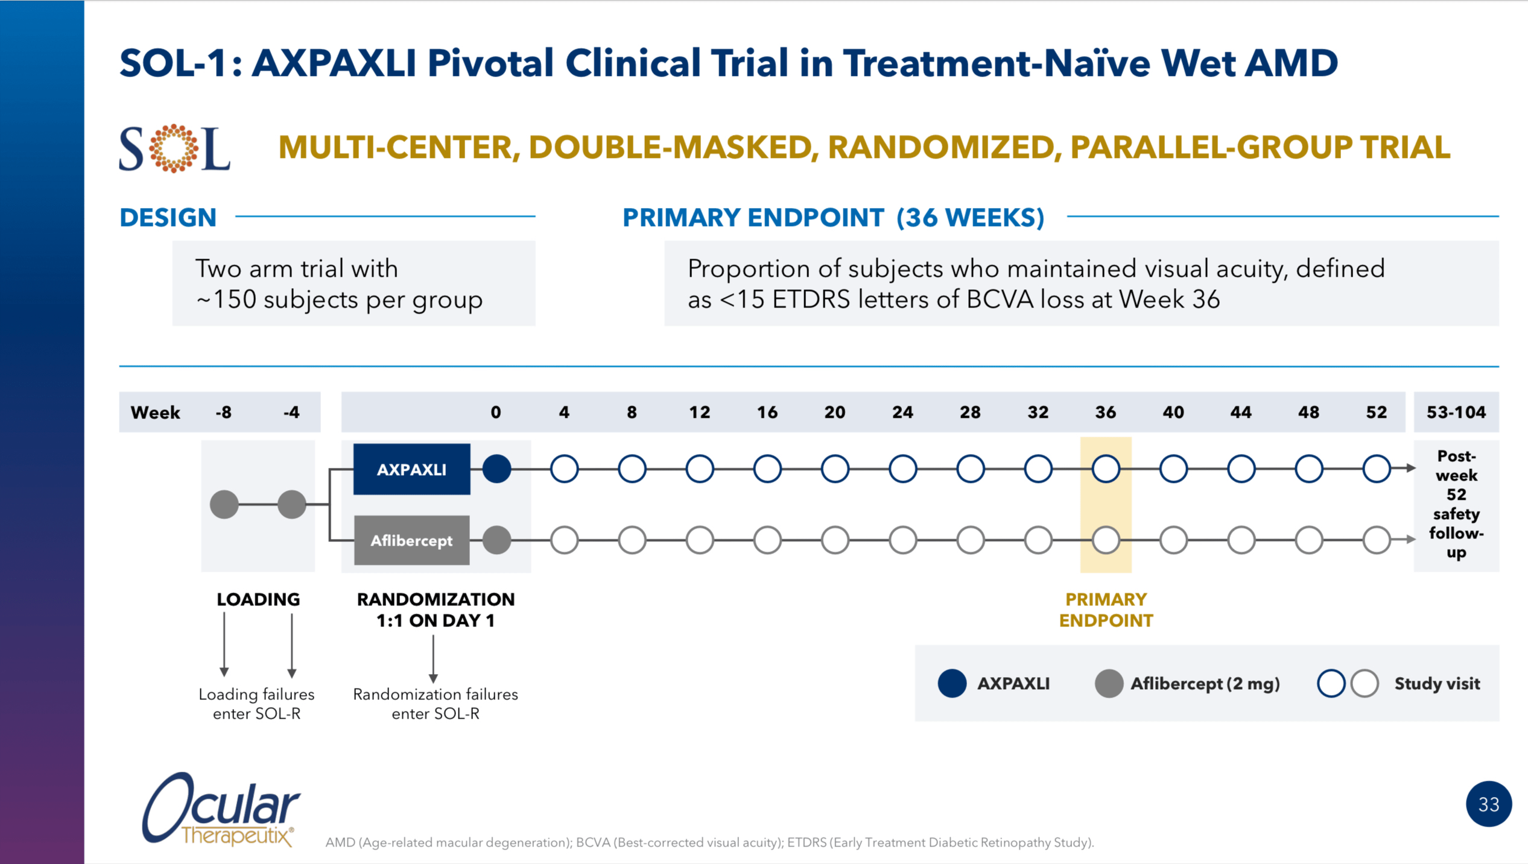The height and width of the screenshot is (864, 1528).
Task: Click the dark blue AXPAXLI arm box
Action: [411, 469]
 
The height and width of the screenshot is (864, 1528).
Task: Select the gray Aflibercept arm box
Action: [411, 540]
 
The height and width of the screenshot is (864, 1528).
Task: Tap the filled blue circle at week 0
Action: [496, 469]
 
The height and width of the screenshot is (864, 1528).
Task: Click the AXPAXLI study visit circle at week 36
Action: [1106, 469]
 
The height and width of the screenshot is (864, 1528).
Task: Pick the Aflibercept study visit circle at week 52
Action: [1377, 540]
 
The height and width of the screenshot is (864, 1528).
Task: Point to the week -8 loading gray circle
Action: [224, 504]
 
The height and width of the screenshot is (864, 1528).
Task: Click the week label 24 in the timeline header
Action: [902, 412]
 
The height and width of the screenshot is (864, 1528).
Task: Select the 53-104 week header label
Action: [1456, 412]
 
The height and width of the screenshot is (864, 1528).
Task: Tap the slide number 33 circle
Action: [1488, 804]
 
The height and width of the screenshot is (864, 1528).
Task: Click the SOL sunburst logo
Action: [174, 148]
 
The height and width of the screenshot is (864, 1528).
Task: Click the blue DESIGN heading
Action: [168, 218]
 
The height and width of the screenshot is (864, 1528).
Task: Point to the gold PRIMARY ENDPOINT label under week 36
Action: [1106, 610]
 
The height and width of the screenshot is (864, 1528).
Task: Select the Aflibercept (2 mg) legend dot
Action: [1109, 684]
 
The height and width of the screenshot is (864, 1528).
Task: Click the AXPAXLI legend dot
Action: [952, 684]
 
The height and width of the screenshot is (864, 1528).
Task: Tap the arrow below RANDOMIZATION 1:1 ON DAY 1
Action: [433, 659]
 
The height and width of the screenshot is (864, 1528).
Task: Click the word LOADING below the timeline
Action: [258, 599]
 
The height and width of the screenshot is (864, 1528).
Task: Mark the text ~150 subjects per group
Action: [340, 300]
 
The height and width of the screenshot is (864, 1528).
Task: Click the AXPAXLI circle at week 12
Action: [700, 469]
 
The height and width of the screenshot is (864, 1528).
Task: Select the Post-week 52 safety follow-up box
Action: [1456, 504]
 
